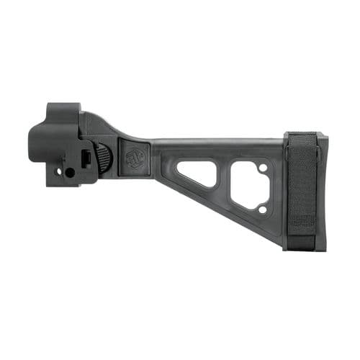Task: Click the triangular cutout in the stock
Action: pos(198,172)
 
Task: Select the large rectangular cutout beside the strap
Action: pos(248,184)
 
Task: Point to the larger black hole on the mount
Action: pos(70,173)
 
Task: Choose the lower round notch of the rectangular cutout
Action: pos(263,210)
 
